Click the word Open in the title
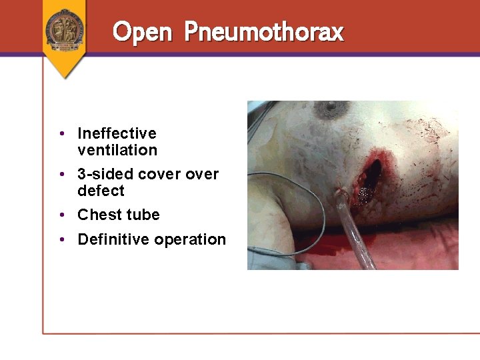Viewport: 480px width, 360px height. pos(143,31)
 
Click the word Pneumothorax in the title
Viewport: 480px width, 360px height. pos(263,31)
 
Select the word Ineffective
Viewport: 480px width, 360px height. pos(117,133)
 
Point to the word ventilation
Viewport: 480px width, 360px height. pos(117,150)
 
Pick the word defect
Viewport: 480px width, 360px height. pos(101,191)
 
